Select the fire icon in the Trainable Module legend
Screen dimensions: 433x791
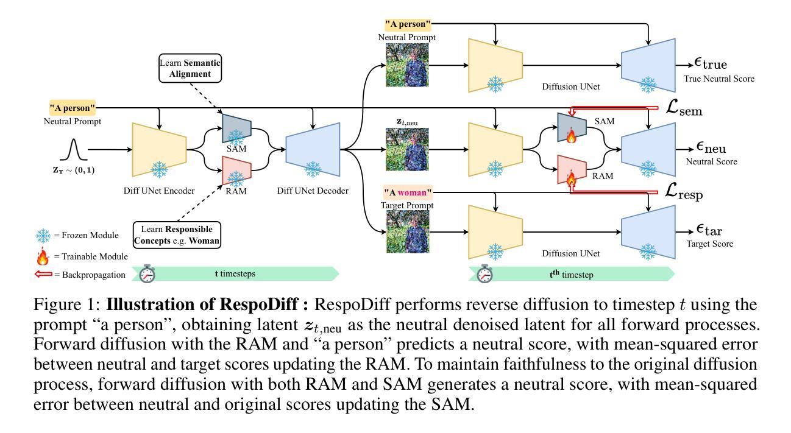[42, 256]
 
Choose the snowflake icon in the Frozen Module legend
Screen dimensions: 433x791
[42, 236]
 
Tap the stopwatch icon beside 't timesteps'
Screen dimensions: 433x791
[147, 273]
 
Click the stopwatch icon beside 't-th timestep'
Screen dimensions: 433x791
[486, 273]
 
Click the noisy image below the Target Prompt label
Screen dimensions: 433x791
[407, 231]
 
